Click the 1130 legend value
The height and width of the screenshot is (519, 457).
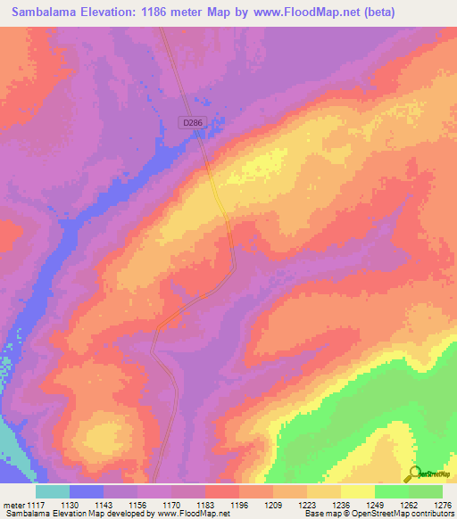click(79, 505)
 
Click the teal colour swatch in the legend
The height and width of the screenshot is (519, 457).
click(53, 491)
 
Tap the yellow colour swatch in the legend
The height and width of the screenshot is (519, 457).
click(358, 491)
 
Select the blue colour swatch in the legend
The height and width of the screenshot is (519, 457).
click(87, 491)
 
